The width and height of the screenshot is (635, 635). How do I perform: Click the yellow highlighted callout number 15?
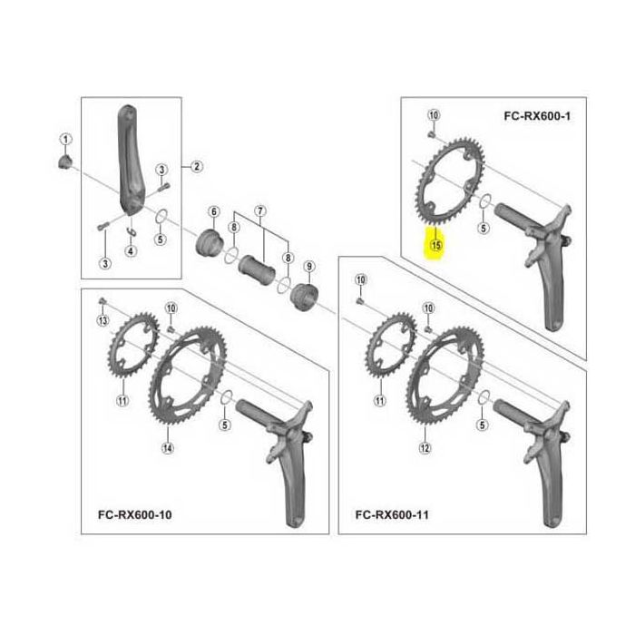(436, 245)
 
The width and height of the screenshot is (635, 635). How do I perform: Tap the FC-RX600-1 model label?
(537, 116)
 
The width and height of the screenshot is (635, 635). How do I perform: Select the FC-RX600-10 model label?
(135, 514)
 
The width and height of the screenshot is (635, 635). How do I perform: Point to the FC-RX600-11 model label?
(392, 514)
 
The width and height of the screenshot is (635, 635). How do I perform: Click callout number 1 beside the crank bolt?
(65, 140)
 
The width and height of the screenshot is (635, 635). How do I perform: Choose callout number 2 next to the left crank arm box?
(197, 166)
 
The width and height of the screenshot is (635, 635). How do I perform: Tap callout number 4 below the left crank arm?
(131, 251)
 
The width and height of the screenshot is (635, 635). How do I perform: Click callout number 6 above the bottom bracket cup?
(214, 211)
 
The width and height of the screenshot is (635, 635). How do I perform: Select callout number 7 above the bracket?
(260, 211)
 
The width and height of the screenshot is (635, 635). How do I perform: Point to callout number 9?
(309, 267)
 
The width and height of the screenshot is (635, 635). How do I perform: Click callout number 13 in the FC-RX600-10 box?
(103, 321)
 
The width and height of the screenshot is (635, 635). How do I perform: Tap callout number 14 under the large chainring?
(168, 448)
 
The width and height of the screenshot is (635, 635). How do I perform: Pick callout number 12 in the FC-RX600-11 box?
(425, 448)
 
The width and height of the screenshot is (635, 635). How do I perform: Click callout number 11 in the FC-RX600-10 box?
(122, 401)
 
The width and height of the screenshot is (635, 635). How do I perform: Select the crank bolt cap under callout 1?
(64, 161)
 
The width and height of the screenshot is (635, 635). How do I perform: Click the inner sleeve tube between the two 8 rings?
(257, 269)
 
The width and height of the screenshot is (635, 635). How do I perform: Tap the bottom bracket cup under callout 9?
(305, 297)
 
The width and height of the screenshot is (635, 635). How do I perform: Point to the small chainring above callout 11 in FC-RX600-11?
(391, 345)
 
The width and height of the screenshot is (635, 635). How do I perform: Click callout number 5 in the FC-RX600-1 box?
(484, 228)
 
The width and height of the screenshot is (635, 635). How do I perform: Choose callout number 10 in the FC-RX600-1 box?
(434, 115)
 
